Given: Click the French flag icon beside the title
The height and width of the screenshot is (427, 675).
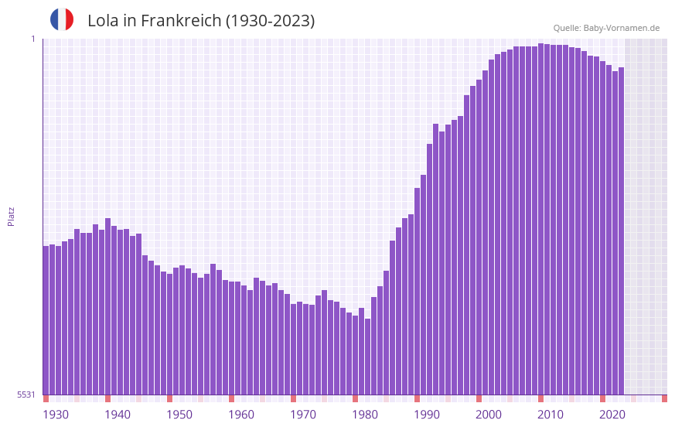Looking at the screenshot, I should tap(62, 19).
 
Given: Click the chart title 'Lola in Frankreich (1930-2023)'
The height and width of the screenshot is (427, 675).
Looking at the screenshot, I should tap(201, 21).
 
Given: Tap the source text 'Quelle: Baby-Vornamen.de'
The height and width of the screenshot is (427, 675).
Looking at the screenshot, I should tap(606, 28).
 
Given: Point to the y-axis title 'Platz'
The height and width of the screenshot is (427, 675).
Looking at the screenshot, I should tap(11, 216).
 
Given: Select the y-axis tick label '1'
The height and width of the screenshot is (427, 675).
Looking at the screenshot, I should tap(32, 39).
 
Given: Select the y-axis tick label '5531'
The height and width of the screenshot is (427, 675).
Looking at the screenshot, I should tap(26, 395).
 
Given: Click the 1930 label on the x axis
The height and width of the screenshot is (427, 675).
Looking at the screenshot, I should tap(56, 415).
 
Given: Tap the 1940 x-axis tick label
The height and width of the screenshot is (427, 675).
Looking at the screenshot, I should tap(118, 415).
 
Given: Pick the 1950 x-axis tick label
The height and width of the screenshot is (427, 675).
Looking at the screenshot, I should tap(179, 415).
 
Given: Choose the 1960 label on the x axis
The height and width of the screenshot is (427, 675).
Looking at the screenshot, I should tap(241, 415).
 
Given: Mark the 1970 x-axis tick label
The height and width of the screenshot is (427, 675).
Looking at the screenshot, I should tap(303, 415).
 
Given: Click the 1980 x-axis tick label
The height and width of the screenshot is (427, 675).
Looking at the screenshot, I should tap(365, 415).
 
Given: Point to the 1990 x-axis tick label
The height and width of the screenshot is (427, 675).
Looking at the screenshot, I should tap(427, 415).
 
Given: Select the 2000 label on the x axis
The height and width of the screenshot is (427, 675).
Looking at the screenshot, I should tap(489, 415).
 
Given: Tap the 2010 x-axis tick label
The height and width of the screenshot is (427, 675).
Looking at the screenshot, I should tap(551, 415).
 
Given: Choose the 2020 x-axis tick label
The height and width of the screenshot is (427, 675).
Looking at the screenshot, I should tap(612, 415).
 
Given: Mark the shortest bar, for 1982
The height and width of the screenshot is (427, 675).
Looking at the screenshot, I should tap(367, 357).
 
